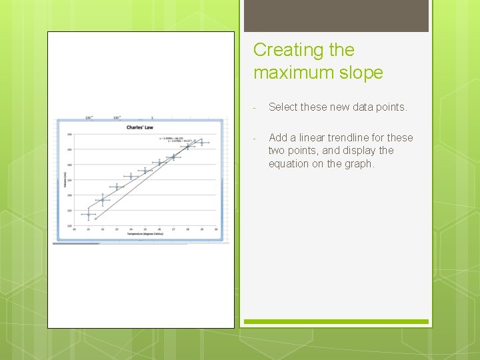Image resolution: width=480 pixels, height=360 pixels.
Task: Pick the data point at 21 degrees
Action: pos(88,214)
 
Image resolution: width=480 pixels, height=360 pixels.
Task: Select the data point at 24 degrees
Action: pos(131,176)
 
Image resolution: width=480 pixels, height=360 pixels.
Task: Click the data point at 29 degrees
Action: pos(202,142)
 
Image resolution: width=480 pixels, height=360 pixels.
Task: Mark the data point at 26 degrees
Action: pos(159,162)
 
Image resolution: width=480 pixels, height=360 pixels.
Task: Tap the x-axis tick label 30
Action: pos(216,229)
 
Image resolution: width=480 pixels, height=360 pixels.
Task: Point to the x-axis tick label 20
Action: pos(74,229)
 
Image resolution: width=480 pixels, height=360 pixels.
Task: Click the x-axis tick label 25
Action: pos(145,229)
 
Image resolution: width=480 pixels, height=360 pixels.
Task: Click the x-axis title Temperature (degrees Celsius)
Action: pos(145,234)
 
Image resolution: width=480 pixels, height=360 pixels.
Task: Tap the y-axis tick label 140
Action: pos(69,165)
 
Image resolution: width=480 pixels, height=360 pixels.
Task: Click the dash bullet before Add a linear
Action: pos(255,138)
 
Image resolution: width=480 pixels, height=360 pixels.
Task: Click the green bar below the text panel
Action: pos(336,322)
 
